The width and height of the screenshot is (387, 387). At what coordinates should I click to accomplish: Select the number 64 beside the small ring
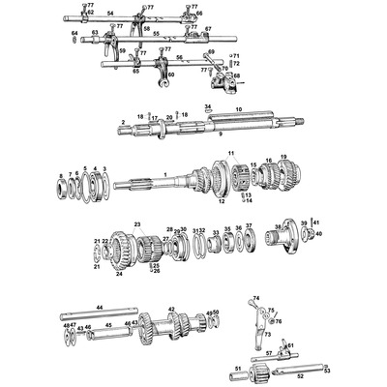click(74, 33)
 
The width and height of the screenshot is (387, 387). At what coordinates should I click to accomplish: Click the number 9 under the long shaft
click(219, 134)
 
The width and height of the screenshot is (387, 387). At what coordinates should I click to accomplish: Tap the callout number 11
click(231, 154)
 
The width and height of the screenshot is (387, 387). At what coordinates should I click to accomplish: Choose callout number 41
click(314, 223)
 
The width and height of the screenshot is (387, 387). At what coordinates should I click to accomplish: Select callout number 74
click(256, 298)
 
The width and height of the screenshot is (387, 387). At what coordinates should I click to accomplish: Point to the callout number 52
click(300, 374)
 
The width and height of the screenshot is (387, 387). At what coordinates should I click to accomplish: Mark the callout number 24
click(119, 274)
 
